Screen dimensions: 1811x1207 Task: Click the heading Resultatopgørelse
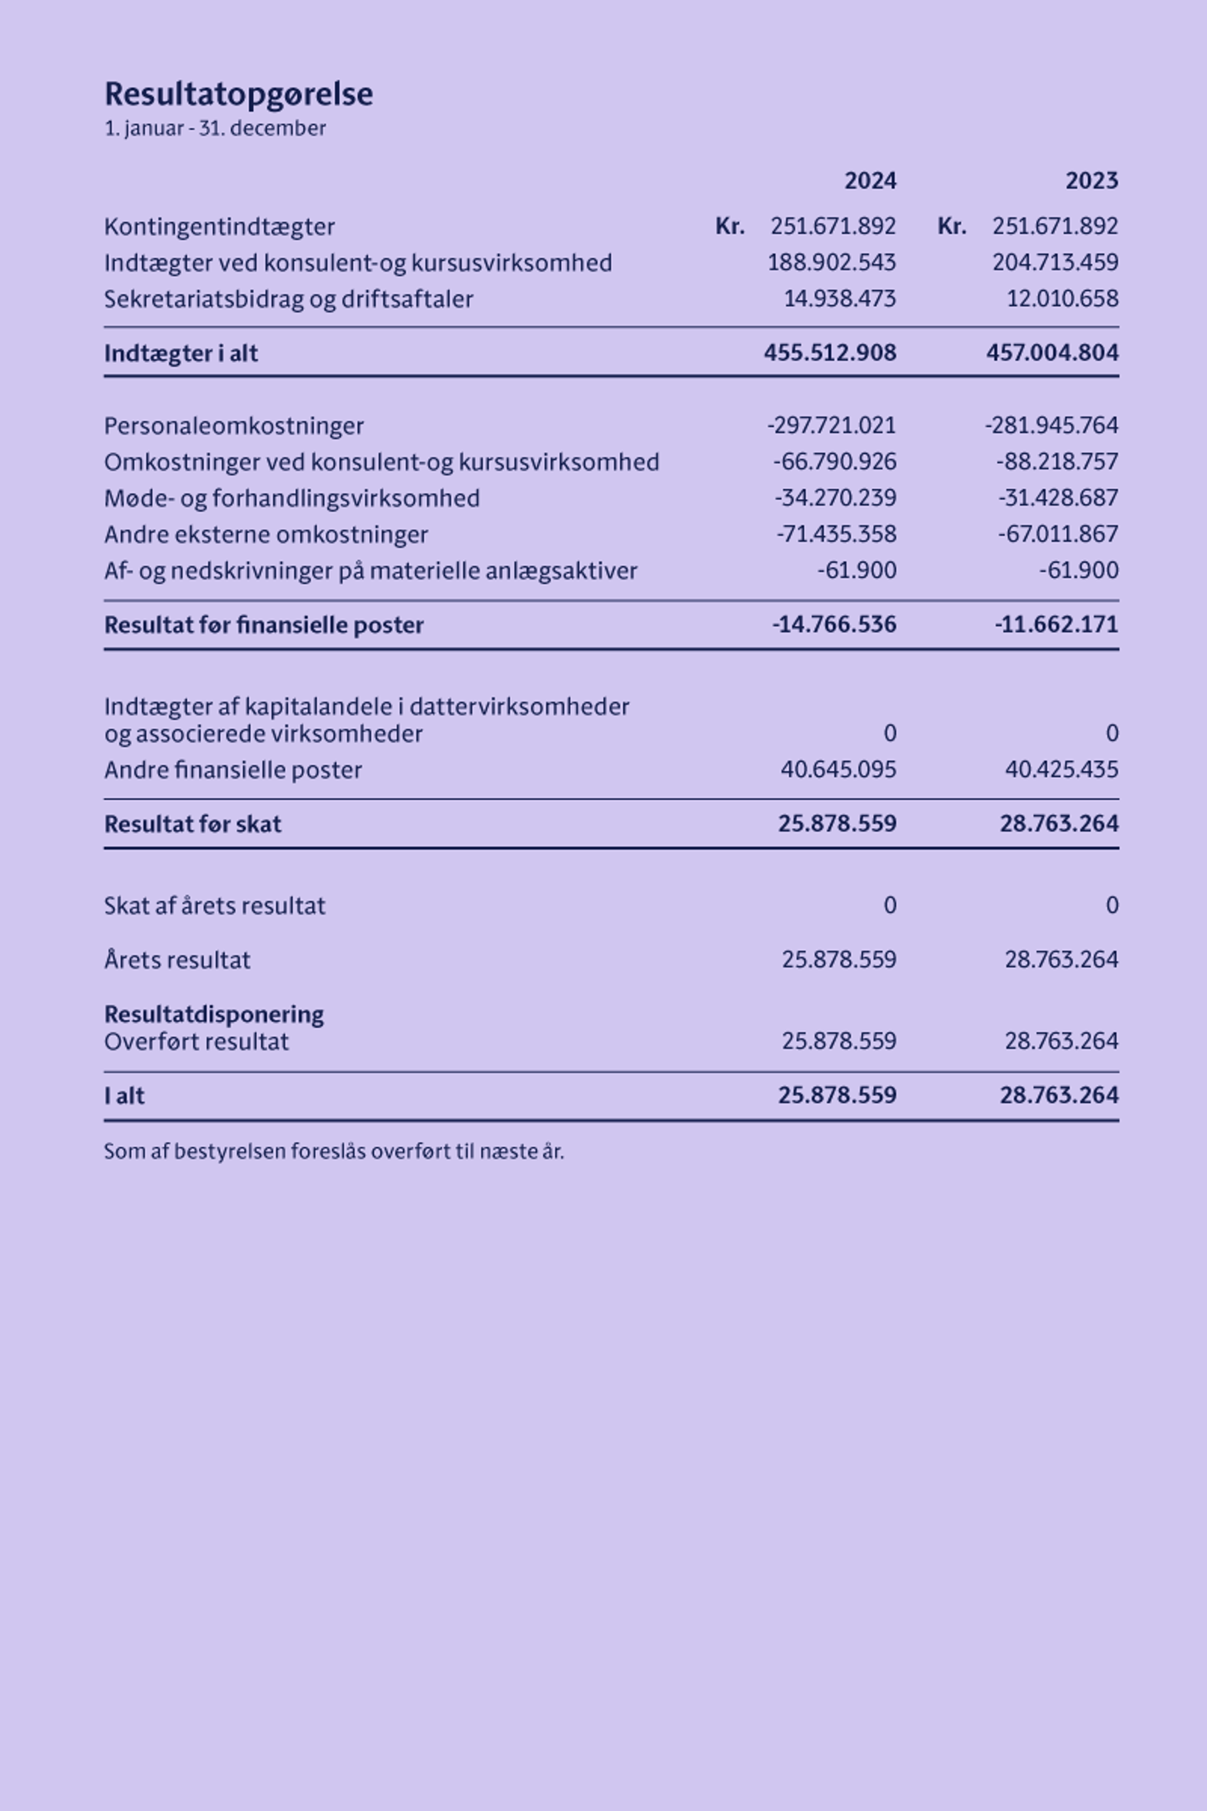(x=238, y=94)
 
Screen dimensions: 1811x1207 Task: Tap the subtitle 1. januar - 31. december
(x=215, y=128)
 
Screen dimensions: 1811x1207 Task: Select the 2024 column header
(x=870, y=181)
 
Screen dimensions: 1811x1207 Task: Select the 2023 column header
(x=1091, y=181)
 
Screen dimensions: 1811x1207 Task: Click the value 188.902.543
(x=831, y=263)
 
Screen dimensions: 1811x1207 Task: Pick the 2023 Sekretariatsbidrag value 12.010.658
(x=1062, y=299)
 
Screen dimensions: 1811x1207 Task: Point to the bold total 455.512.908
(x=830, y=353)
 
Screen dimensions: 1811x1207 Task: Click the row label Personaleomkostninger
(x=234, y=426)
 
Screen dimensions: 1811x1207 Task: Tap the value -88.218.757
(x=1057, y=462)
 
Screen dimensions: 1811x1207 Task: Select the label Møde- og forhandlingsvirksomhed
(x=292, y=498)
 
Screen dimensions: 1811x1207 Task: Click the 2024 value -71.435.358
(x=836, y=535)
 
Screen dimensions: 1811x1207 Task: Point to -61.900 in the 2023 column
(x=1079, y=571)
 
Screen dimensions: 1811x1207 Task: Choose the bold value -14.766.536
(x=834, y=625)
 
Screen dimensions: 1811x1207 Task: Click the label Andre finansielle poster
(x=233, y=770)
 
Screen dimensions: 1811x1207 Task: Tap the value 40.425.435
(x=1062, y=770)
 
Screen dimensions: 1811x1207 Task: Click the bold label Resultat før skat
(x=192, y=825)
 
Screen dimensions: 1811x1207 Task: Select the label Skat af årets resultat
(x=214, y=906)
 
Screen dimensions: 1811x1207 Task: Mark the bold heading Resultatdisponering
(x=214, y=1014)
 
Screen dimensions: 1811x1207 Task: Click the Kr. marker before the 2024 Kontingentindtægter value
(x=729, y=227)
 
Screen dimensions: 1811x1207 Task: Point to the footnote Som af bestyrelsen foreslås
(x=334, y=1152)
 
